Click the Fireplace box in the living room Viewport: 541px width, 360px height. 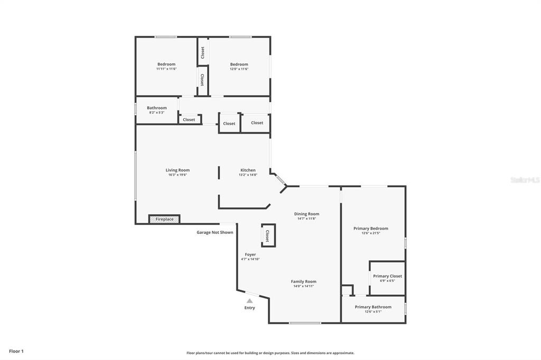click(164, 219)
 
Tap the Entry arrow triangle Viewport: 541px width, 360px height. click(249, 301)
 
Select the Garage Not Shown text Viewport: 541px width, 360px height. click(214, 232)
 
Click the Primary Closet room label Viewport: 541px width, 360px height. click(387, 276)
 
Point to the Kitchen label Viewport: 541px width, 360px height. click(248, 170)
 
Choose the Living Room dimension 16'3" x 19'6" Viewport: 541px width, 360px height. click(178, 175)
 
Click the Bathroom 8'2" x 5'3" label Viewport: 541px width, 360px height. click(156, 108)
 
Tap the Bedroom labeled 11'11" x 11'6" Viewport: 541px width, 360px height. click(166, 64)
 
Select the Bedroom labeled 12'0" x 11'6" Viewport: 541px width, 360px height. click(239, 64)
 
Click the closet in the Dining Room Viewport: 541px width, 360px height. click(267, 235)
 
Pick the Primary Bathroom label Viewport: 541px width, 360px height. click(373, 307)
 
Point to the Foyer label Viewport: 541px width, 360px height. click(250, 254)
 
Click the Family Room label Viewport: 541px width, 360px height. click(303, 281)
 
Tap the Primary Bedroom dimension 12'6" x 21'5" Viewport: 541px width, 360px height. click(370, 233)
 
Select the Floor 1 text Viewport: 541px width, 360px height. click(16, 351)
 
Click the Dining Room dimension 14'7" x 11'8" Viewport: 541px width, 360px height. click(306, 219)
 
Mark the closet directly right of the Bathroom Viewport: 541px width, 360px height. click(189, 120)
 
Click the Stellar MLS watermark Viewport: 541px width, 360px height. click(525, 180)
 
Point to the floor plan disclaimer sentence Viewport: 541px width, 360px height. click(270, 353)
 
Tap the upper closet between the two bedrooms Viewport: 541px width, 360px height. click(202, 52)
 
